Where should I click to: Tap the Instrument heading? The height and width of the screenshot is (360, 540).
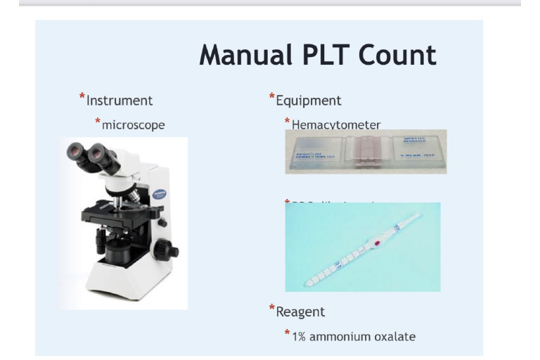point(120,101)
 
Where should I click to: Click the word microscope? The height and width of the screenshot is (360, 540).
point(134,124)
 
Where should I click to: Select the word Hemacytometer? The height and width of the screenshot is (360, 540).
point(336,124)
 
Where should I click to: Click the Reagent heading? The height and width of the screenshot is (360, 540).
point(301,310)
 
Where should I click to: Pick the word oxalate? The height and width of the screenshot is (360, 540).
point(396,336)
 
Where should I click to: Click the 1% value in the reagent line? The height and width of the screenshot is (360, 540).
point(301,336)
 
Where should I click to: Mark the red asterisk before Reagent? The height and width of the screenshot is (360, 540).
point(272,308)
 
